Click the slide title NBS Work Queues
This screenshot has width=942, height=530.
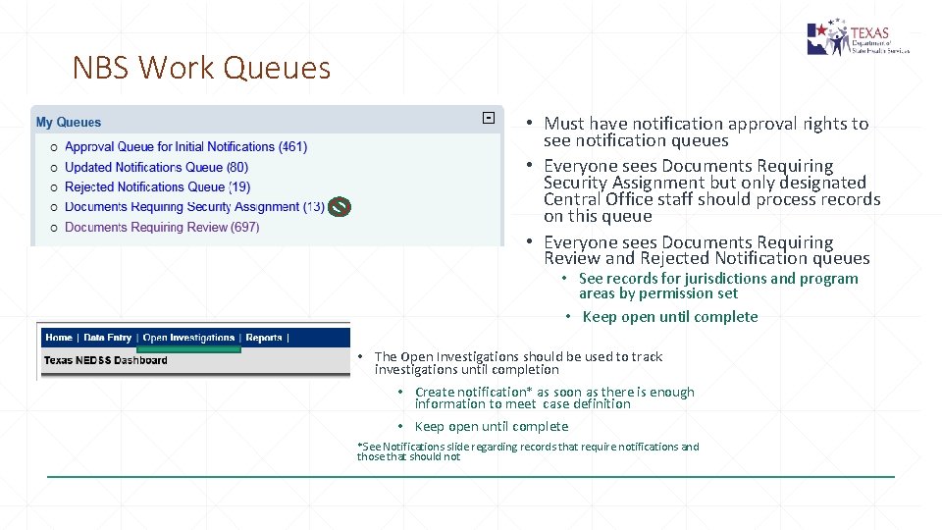[x=201, y=68]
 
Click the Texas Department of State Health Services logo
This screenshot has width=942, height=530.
[x=858, y=39]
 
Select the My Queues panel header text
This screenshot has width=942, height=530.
[x=69, y=123]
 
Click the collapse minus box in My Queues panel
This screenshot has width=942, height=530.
[x=488, y=119]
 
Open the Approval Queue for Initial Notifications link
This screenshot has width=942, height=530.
[x=185, y=147]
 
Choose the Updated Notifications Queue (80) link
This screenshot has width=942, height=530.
[x=156, y=168]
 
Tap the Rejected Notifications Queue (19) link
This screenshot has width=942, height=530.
[x=157, y=187]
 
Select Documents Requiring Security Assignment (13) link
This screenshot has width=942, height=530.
[x=194, y=207]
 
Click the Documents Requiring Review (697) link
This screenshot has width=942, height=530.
[x=162, y=228]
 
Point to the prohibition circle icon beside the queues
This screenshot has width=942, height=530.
[x=339, y=207]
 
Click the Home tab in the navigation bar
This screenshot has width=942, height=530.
[x=59, y=338]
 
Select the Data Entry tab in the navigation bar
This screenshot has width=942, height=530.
[x=108, y=338]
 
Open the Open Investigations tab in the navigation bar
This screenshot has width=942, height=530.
[x=188, y=338]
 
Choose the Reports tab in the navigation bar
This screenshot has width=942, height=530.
[x=264, y=338]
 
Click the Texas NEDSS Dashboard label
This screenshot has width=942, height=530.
[x=106, y=360]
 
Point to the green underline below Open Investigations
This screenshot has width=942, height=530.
[x=188, y=348]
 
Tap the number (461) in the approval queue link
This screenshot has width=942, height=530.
[x=292, y=147]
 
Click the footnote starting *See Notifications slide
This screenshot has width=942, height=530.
[x=528, y=451]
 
